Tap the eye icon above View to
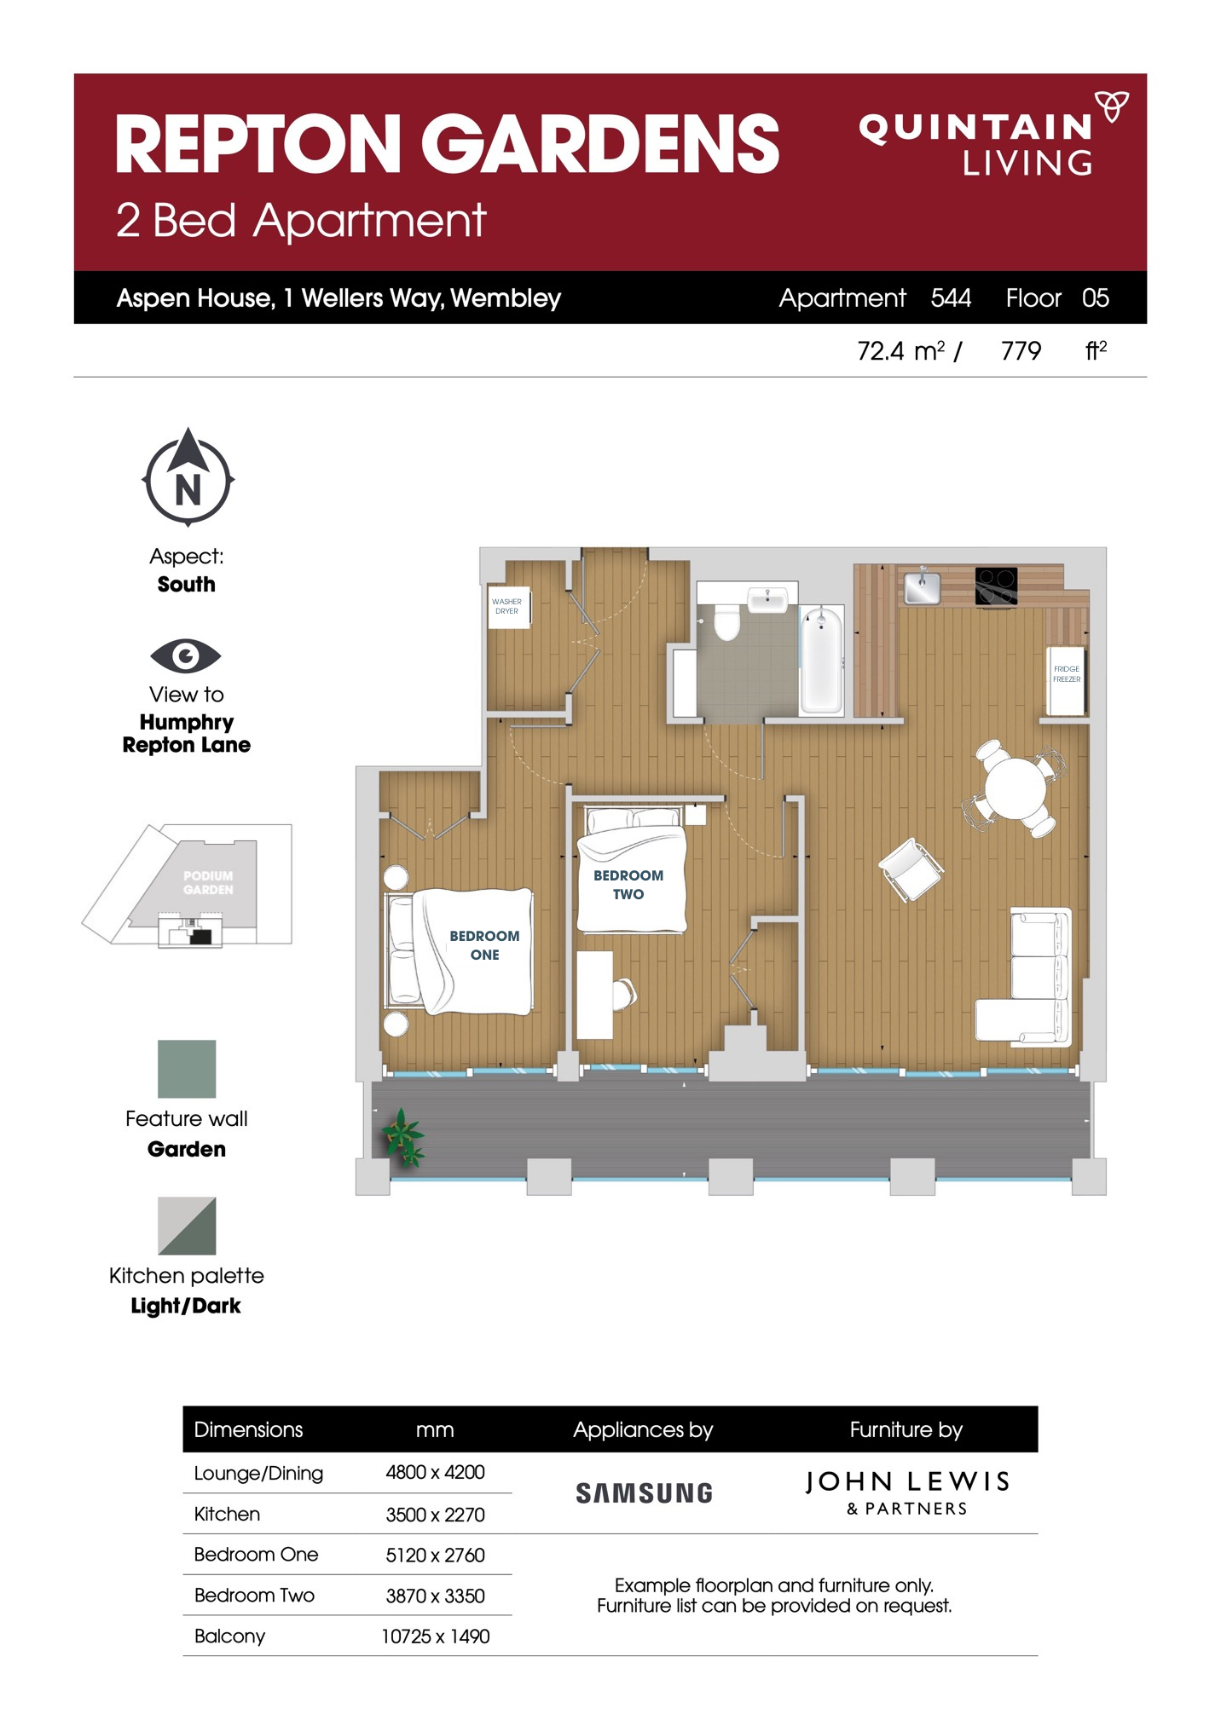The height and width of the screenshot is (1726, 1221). pyautogui.click(x=185, y=655)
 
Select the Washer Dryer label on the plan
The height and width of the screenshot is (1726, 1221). pyautogui.click(x=507, y=606)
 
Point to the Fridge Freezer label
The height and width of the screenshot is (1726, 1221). pyautogui.click(x=1066, y=673)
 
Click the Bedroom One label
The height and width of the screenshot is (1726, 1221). pyautogui.click(x=484, y=945)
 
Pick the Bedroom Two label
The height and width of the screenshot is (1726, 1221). pyautogui.click(x=628, y=885)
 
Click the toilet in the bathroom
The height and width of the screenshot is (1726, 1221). pyautogui.click(x=726, y=622)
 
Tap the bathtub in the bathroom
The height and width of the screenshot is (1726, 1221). pyautogui.click(x=821, y=659)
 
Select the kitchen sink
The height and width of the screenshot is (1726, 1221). pyautogui.click(x=923, y=586)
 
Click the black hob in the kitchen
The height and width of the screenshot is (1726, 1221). pyautogui.click(x=996, y=586)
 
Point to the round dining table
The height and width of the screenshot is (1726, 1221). pyautogui.click(x=1015, y=788)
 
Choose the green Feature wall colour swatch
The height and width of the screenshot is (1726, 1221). pyautogui.click(x=187, y=1069)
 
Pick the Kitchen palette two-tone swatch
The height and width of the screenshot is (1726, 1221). pyautogui.click(x=187, y=1226)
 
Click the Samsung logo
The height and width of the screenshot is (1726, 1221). pyautogui.click(x=644, y=1493)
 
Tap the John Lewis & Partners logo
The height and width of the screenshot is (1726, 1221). pyautogui.click(x=907, y=1492)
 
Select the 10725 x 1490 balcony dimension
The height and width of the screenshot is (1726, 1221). pyautogui.click(x=435, y=1637)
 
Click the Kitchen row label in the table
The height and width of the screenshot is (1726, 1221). pyautogui.click(x=227, y=1515)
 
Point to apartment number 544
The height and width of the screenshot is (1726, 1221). pyautogui.click(x=951, y=297)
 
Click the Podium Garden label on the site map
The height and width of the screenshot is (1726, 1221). pyautogui.click(x=208, y=882)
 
